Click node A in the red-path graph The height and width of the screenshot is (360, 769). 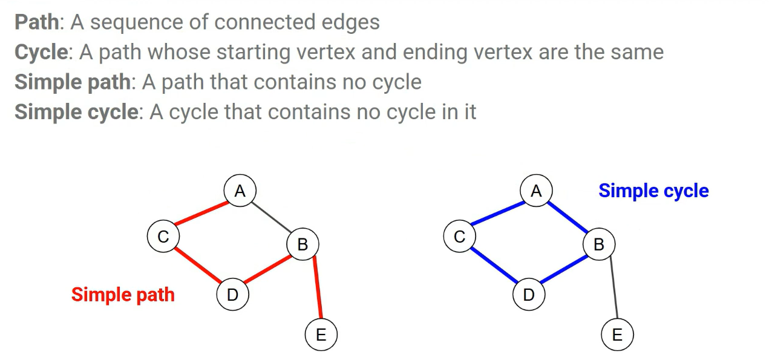pyautogui.click(x=240, y=191)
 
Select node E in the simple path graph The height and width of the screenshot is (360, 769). pyautogui.click(x=321, y=335)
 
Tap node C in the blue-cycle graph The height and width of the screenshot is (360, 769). pyautogui.click(x=459, y=236)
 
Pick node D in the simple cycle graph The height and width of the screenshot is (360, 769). pyautogui.click(x=529, y=295)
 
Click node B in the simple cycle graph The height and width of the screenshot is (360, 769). pyautogui.click(x=599, y=244)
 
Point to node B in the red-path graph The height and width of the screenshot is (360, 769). pyautogui.click(x=303, y=244)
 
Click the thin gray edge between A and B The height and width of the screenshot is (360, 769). pyautogui.click(x=272, y=218)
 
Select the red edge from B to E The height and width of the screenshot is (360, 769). pyautogui.click(x=318, y=288)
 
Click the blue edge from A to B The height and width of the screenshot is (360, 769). pyautogui.click(x=568, y=218)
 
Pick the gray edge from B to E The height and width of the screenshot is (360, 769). pyautogui.click(x=614, y=288)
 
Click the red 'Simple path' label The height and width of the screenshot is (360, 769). pyautogui.click(x=123, y=295)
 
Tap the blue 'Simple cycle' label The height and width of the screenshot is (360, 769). pyautogui.click(x=653, y=191)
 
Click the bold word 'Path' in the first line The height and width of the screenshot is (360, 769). pyautogui.click(x=37, y=22)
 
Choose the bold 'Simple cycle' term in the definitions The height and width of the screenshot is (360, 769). pyautogui.click(x=76, y=112)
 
